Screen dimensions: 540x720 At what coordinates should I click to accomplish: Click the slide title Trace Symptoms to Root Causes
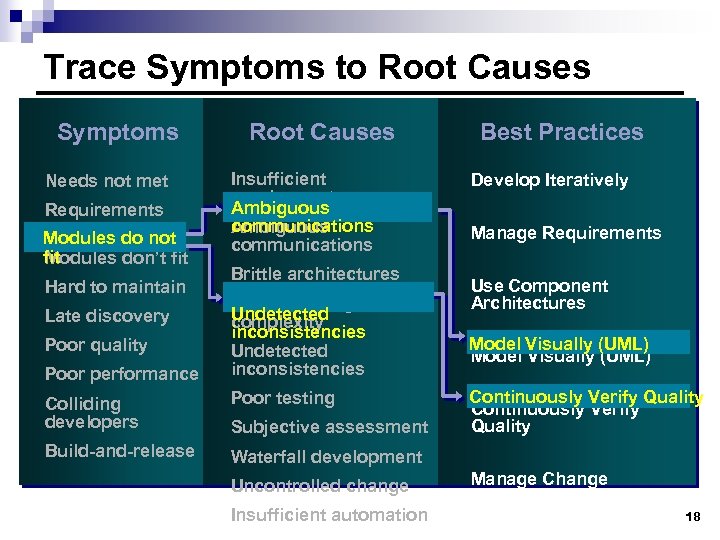point(317,68)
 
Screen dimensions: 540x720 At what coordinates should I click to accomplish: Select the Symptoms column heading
point(118,132)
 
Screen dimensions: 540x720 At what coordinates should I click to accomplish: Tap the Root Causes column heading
point(322,132)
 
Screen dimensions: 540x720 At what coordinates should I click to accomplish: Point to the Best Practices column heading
point(562,132)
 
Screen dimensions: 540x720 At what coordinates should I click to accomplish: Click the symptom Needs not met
point(107,181)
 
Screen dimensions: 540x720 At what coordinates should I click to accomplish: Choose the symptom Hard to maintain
point(115,287)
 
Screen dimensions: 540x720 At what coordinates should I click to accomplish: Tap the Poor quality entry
point(96,345)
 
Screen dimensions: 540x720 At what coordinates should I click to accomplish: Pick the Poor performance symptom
point(122,374)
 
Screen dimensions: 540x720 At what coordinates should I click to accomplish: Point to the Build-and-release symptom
point(120,451)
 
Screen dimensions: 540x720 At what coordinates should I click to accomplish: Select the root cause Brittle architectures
point(315,274)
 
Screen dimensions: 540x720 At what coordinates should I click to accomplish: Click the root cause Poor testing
point(283,398)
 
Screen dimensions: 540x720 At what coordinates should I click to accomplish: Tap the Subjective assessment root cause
point(329,427)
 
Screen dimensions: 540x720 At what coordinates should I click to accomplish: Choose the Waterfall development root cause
point(327,457)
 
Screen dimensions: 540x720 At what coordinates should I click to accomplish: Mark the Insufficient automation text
point(329,515)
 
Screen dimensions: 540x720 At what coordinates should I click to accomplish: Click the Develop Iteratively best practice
point(549,181)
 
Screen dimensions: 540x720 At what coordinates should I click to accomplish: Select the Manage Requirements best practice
point(566,233)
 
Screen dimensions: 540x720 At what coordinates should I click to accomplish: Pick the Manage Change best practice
point(539,479)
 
